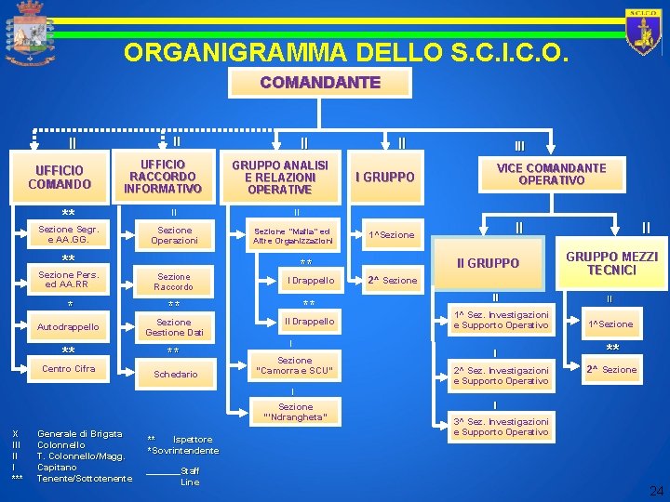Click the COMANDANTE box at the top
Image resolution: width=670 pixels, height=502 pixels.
(x=320, y=83)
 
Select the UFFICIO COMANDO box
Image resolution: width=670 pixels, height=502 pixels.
(x=60, y=177)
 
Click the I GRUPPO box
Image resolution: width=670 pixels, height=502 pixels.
(x=385, y=177)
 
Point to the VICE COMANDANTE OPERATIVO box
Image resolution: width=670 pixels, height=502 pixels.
(x=550, y=174)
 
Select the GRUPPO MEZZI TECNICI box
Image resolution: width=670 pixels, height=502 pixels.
(x=611, y=263)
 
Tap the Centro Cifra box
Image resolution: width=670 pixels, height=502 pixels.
(x=68, y=369)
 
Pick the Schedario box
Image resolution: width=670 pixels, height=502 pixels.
(x=176, y=374)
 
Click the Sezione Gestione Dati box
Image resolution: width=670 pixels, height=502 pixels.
(x=174, y=326)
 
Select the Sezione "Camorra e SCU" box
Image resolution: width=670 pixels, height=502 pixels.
(x=295, y=366)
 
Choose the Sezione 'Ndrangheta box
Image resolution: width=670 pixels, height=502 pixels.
(x=295, y=412)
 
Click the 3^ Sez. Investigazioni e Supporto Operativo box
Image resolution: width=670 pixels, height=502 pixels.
(x=501, y=427)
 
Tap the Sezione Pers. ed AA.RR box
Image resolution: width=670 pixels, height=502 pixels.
(x=68, y=280)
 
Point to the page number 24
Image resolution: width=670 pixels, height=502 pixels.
(x=656, y=490)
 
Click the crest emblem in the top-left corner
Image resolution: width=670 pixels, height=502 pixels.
(x=30, y=33)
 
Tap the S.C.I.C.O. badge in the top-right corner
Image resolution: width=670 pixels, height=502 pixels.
(x=643, y=33)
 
